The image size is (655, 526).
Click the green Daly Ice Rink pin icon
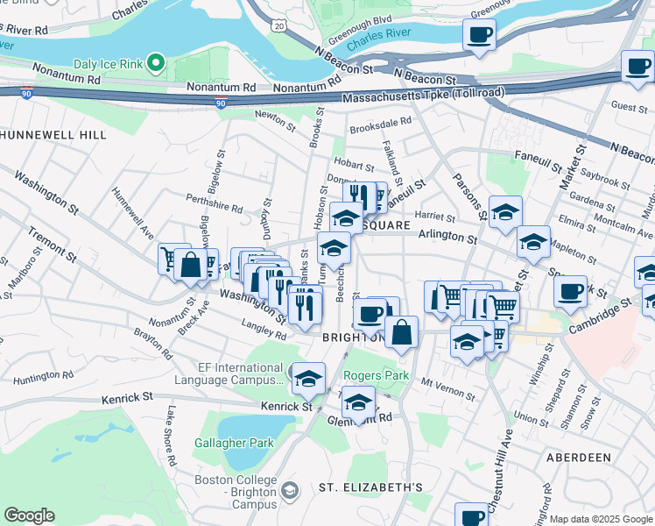point(156,62)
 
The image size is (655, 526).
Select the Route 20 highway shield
point(278,27)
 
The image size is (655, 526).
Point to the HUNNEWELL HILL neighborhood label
point(53,135)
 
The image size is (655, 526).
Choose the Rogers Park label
point(376,375)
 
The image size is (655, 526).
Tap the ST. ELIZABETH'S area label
point(370,487)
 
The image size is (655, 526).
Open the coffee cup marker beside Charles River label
point(479,36)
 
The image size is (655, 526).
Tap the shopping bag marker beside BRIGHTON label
point(401,333)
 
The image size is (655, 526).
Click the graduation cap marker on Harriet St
point(505,212)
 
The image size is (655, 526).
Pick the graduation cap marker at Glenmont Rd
point(358,402)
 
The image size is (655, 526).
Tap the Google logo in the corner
point(29,515)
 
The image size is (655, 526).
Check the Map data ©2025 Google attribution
point(600,519)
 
